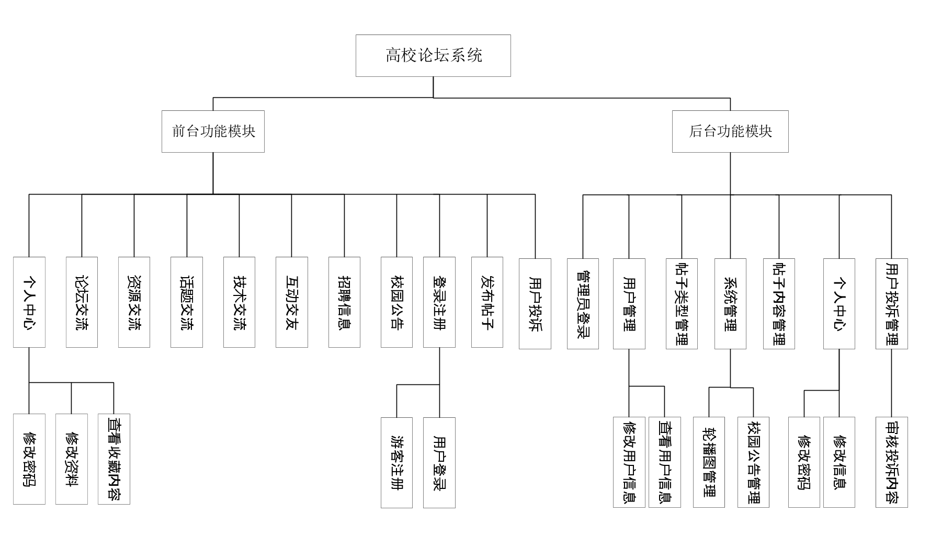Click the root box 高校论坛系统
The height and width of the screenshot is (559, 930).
pos(433,55)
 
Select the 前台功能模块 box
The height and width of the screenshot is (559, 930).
pos(213,131)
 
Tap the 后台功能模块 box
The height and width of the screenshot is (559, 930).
pos(730,131)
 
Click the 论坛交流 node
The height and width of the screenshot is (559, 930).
pos(82,302)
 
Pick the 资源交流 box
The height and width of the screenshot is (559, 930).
pos(134,302)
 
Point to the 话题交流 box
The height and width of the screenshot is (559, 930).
pos(187,302)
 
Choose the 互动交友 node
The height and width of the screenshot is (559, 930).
pos(291,302)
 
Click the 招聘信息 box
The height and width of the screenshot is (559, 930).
pos(344,302)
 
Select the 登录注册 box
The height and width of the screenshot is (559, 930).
pos(439,302)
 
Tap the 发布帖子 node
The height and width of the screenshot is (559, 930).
pos(487,302)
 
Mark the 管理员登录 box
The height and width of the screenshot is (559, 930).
pos(583,303)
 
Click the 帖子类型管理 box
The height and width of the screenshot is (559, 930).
pos(682,303)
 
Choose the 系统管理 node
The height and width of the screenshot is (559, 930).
pos(730,303)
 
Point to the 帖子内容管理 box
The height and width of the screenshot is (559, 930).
pos(779,303)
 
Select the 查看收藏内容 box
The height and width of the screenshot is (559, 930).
pos(114,459)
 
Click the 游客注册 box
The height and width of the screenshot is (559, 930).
pos(396,462)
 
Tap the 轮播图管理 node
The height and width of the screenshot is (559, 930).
pos(709,462)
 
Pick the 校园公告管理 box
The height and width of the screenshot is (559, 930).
pos(753,462)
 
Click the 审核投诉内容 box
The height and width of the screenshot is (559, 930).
pos(891,462)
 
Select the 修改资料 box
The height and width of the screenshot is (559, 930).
pos(71,459)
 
